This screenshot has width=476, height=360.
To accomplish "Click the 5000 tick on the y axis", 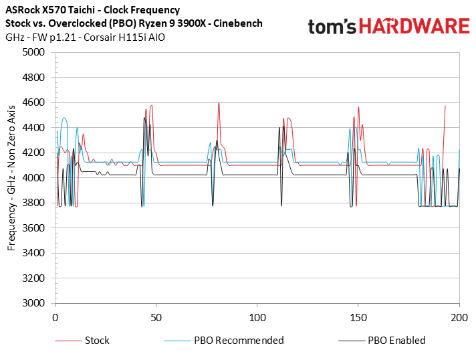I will click(x=34, y=52).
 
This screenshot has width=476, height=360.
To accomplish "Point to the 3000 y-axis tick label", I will click(x=34, y=303).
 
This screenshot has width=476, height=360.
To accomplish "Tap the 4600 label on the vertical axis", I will click(x=34, y=102).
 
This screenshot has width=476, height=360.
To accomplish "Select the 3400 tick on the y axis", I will click(x=34, y=253).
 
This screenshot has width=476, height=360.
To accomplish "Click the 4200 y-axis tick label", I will click(x=34, y=153).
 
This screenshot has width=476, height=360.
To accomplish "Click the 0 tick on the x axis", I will click(x=55, y=315).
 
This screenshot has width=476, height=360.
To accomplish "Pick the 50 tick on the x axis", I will click(x=156, y=315).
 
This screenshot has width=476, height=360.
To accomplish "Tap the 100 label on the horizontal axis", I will click(x=257, y=315).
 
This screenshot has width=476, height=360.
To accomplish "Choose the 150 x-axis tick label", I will click(x=358, y=315).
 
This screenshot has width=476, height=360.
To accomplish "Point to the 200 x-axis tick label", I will click(x=459, y=315).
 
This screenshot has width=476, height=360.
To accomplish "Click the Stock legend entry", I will click(x=97, y=340).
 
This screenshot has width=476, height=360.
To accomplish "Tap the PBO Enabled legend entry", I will click(x=396, y=340).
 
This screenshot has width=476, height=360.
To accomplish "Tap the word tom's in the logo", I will click(x=330, y=27).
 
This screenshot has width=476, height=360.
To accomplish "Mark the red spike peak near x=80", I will click(x=219, y=103).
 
